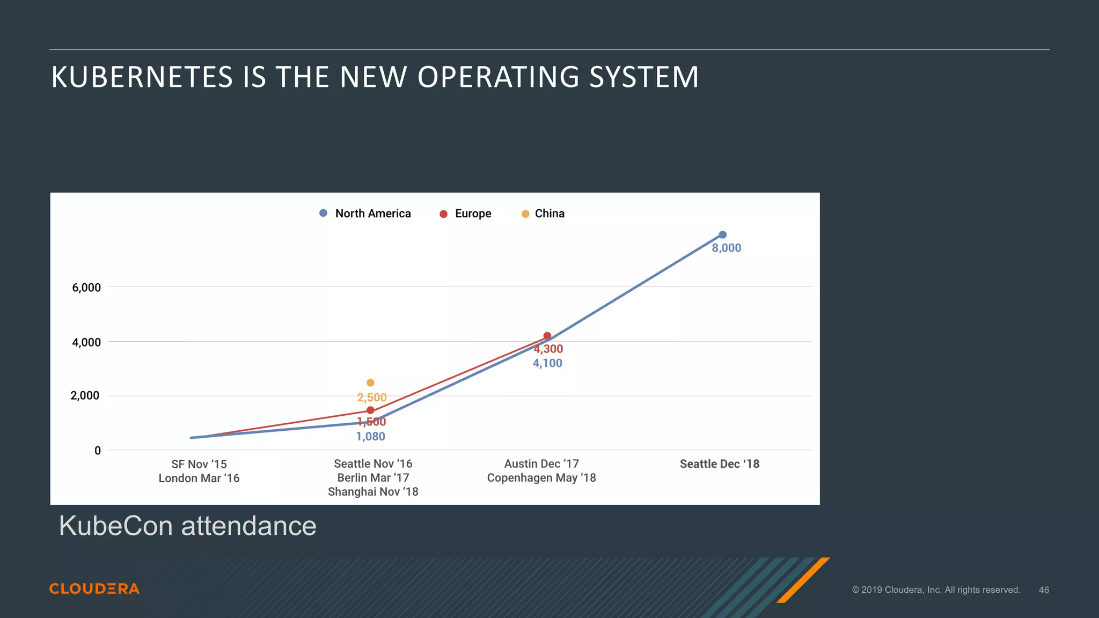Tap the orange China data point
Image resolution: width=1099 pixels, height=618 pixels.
(370, 382)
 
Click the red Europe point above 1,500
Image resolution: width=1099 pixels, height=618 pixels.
(370, 410)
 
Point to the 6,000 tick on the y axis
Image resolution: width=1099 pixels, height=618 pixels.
(86, 288)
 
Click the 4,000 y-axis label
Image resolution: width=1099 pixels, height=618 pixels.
(86, 342)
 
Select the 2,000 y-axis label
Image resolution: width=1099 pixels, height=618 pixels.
(85, 396)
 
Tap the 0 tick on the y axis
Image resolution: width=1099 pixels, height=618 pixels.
(98, 451)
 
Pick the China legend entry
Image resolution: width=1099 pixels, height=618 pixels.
(543, 214)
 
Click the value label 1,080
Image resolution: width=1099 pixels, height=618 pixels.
(371, 436)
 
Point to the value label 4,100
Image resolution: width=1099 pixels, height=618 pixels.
(547, 363)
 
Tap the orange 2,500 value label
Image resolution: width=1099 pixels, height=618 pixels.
(372, 398)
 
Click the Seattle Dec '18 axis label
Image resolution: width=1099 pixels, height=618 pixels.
(720, 464)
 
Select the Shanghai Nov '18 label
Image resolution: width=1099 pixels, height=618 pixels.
(373, 491)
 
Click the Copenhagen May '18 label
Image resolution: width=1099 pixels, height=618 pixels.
(541, 477)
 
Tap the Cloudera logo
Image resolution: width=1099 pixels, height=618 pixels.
(94, 588)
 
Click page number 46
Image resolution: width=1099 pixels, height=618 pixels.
(1044, 590)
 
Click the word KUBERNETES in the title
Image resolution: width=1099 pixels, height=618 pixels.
(142, 77)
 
